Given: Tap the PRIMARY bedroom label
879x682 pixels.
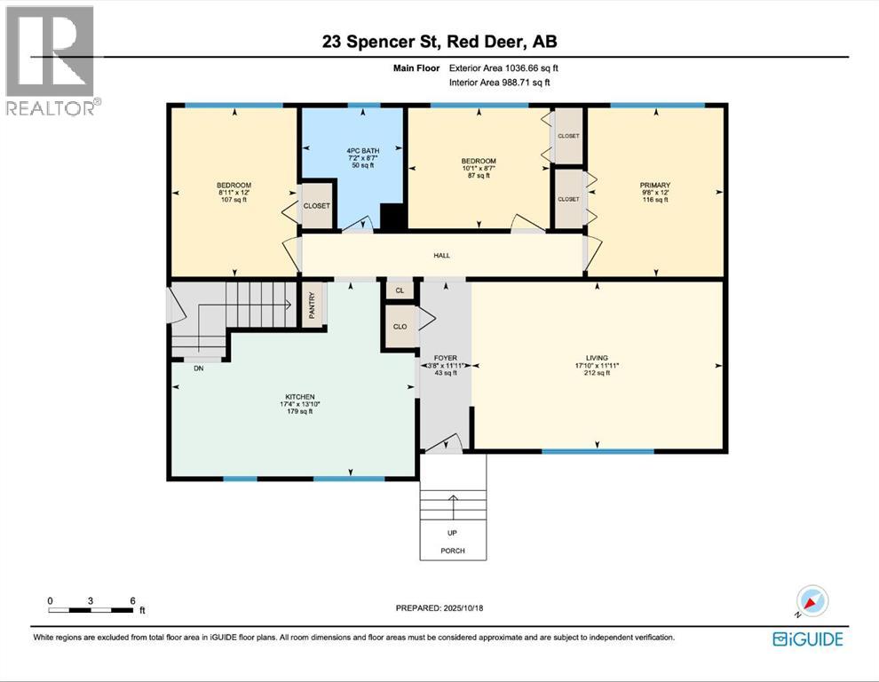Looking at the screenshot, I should (655, 186).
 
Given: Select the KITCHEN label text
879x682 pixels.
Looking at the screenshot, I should (300, 397).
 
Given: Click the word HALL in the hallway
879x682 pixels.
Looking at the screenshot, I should (441, 256).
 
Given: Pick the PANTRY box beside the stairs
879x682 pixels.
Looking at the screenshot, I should (312, 305).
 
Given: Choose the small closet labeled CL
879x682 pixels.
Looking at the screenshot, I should (400, 290).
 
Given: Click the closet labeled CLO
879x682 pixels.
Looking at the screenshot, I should (400, 326).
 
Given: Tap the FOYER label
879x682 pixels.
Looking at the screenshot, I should (446, 358).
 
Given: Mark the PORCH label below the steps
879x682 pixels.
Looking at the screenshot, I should (453, 551).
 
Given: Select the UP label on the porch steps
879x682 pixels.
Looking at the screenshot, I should (453, 534).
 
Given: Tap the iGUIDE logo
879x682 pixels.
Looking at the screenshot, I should (807, 638).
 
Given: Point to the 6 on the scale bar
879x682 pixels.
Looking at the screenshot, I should (132, 600).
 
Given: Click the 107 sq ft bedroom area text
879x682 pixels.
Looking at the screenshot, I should (234, 200).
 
